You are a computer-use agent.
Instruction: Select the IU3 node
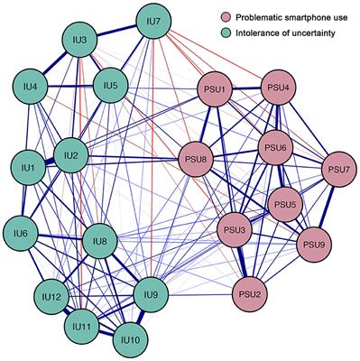(x=81, y=42)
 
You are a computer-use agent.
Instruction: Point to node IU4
(x=32, y=88)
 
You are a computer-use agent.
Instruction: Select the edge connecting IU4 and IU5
(x=70, y=88)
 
